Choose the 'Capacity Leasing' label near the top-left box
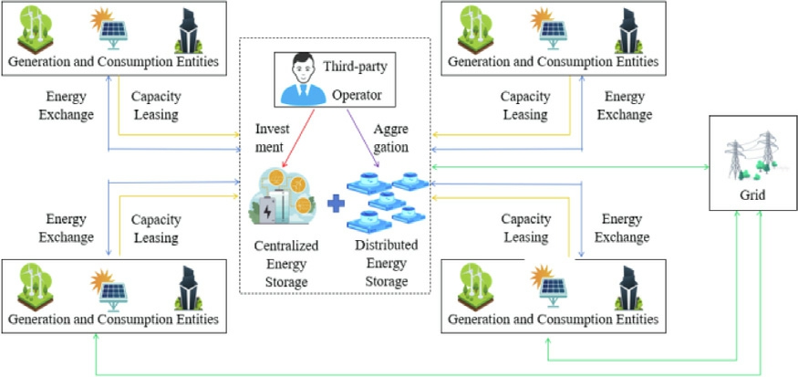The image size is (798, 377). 154,105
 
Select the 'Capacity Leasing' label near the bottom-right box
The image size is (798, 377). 525,228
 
